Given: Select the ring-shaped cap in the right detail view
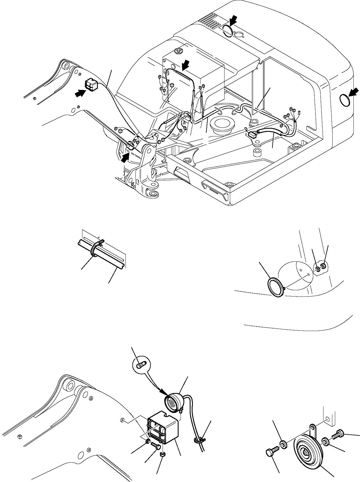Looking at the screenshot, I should coord(276,288).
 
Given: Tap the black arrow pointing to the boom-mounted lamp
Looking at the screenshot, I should coord(80,93).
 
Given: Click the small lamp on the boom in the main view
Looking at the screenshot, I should coord(91,85).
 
